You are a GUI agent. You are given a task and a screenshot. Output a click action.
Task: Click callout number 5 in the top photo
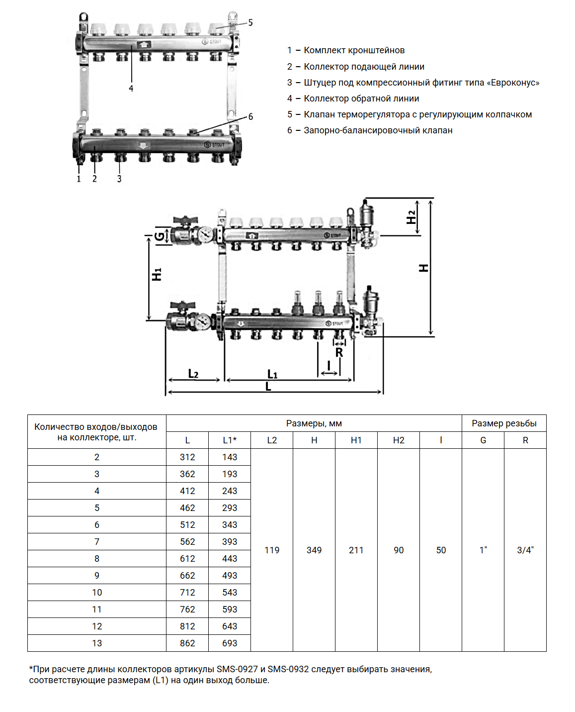point(250,22)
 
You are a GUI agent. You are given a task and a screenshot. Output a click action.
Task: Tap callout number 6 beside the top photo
point(250,116)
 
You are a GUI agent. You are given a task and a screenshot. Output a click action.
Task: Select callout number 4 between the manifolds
point(131,89)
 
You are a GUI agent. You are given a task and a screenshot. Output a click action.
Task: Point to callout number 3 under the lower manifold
point(119,179)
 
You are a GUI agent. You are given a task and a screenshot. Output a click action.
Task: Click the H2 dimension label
point(411,217)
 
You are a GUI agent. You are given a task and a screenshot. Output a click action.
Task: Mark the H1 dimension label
point(157,274)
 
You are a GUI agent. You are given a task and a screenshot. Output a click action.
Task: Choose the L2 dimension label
point(193,374)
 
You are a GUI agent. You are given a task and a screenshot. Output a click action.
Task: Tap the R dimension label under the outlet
point(339,352)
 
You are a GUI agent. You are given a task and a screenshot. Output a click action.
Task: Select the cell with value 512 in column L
point(187,525)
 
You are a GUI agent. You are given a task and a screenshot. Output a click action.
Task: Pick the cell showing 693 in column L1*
point(230,643)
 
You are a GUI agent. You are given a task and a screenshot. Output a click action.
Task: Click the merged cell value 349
point(314,550)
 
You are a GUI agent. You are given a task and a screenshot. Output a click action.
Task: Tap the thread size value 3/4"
point(525,550)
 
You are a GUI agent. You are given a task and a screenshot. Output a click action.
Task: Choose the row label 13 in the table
point(97,643)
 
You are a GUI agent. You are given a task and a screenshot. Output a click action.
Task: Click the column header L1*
point(230,440)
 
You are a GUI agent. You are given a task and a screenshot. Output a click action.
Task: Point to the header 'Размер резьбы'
point(504,423)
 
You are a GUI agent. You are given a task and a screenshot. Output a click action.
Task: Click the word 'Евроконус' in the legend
point(514,83)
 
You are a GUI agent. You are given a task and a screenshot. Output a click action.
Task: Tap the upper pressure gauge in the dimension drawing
point(205,234)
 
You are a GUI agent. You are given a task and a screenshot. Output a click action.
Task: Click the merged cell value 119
point(272,550)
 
